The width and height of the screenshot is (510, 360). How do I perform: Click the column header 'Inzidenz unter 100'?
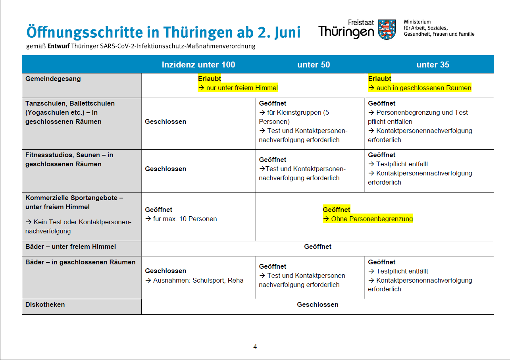click(x=198, y=65)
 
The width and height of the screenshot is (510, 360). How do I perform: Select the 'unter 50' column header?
click(x=314, y=65)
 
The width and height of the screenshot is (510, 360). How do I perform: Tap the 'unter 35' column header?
click(x=433, y=65)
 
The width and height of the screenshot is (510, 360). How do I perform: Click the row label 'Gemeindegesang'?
click(x=53, y=79)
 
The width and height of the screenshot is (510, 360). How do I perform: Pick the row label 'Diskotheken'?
click(x=45, y=304)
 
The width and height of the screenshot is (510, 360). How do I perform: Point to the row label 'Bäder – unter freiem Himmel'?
click(x=71, y=246)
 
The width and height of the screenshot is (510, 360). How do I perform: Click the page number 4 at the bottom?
click(x=255, y=347)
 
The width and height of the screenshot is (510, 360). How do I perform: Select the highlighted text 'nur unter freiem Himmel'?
click(x=242, y=88)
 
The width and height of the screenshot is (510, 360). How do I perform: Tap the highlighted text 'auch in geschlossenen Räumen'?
click(x=423, y=88)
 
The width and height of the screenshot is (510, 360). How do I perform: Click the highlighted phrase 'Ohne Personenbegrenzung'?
click(x=372, y=219)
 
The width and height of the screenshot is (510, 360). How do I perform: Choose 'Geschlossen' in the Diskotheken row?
click(x=318, y=304)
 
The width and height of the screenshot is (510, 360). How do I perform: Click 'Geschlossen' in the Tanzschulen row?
click(x=166, y=121)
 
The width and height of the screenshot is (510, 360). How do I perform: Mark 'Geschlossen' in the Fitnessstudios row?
click(x=166, y=169)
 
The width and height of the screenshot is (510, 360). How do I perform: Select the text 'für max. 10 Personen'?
click(x=185, y=219)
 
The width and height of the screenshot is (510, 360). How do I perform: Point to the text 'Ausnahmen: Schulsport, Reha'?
click(x=198, y=280)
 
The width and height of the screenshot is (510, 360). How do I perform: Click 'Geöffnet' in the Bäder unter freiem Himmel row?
click(x=318, y=246)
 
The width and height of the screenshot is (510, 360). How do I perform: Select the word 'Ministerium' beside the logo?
click(x=417, y=22)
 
